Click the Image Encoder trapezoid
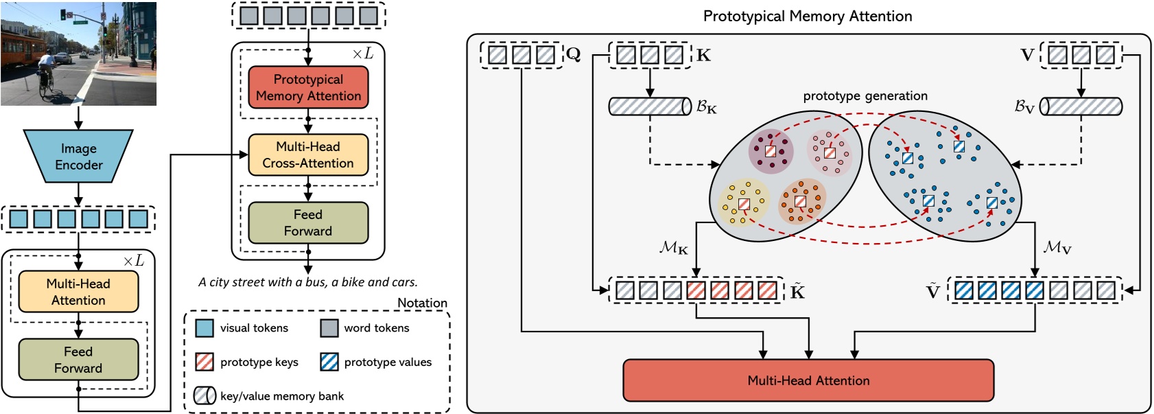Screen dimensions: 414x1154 [78, 157]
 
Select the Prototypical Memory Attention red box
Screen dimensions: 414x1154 [308, 88]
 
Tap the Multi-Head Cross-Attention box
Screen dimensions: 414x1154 [308, 155]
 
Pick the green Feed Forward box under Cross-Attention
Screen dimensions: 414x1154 [308, 223]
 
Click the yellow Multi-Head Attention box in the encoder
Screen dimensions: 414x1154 [78, 292]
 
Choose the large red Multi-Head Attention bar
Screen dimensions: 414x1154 [808, 380]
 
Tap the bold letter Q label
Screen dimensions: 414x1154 [574, 54]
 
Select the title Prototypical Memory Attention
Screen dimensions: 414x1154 [808, 16]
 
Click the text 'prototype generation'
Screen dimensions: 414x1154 [865, 96]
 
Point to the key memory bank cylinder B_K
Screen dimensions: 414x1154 [650, 106]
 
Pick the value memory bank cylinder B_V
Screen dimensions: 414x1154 [1081, 106]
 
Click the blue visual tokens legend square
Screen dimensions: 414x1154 [204, 328]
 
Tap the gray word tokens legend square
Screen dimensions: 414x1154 [329, 328]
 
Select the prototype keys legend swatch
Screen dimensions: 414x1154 [204, 362]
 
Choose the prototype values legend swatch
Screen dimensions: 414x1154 [329, 362]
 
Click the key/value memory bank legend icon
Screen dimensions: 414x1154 [204, 395]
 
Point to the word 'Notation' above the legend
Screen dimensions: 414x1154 [422, 303]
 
